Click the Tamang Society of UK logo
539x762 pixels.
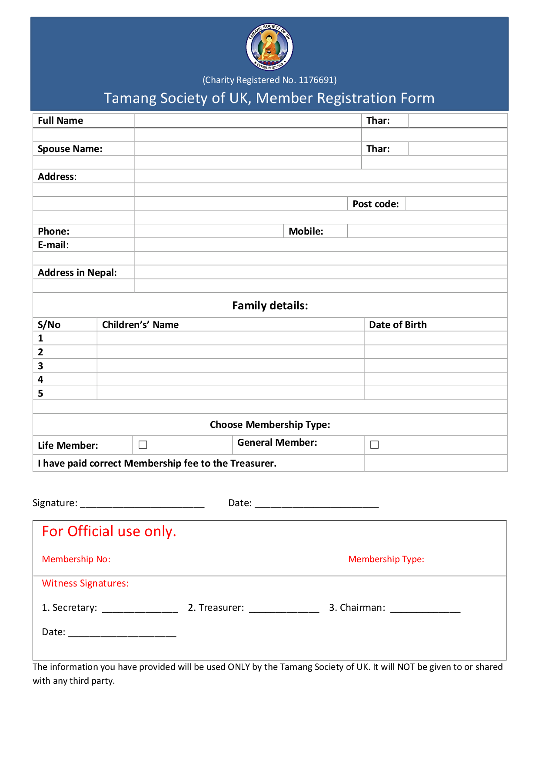click(269, 47)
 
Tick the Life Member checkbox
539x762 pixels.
click(143, 444)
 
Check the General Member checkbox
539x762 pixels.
click(374, 444)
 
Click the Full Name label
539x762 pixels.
click(60, 121)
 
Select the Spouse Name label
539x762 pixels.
click(70, 149)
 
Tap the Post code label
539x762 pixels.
click(376, 204)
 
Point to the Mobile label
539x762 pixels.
click(306, 232)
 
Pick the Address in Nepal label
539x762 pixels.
click(77, 273)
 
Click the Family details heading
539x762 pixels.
click(270, 306)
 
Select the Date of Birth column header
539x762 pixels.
click(398, 325)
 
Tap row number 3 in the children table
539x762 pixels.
click(40, 366)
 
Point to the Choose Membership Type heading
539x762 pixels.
click(270, 425)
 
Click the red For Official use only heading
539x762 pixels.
click(109, 531)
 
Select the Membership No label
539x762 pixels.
click(76, 559)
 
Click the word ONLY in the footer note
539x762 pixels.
click(239, 667)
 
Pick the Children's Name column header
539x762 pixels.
click(140, 325)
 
